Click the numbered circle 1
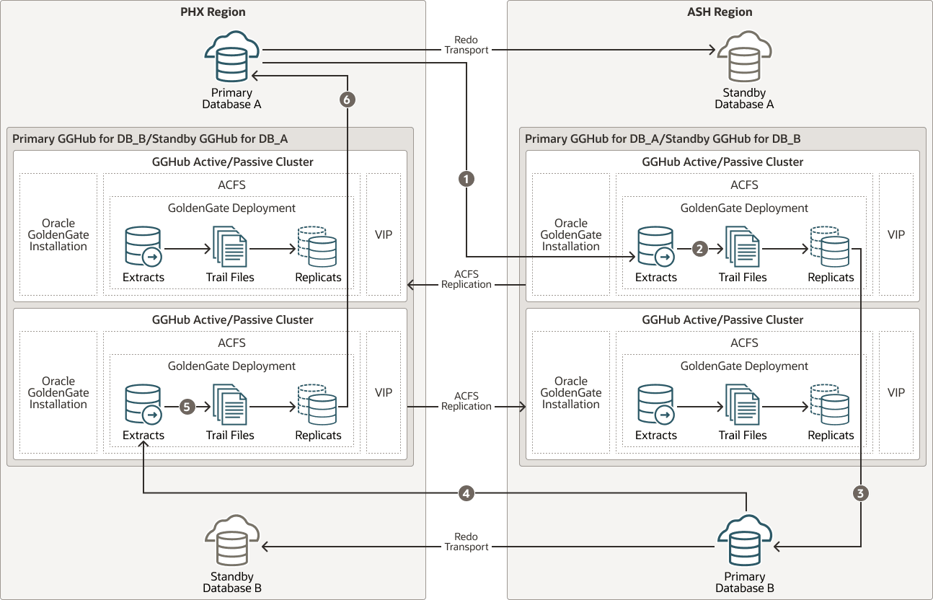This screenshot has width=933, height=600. (466, 180)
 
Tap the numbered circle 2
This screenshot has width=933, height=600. (699, 249)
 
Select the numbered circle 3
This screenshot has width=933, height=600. (861, 493)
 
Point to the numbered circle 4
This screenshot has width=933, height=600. (466, 493)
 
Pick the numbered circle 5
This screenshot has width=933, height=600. (187, 407)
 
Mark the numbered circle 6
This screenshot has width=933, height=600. (348, 100)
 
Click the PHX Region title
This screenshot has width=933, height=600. (212, 12)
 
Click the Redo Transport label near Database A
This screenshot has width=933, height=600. (466, 45)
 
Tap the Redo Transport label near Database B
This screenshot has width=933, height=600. (466, 542)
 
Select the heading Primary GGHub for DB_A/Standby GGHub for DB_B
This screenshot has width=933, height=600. (663, 139)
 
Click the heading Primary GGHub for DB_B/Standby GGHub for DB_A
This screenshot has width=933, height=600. (150, 139)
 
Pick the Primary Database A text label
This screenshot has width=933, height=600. (231, 98)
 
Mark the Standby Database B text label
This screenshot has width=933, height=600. (232, 582)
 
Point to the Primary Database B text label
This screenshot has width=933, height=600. (744, 582)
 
